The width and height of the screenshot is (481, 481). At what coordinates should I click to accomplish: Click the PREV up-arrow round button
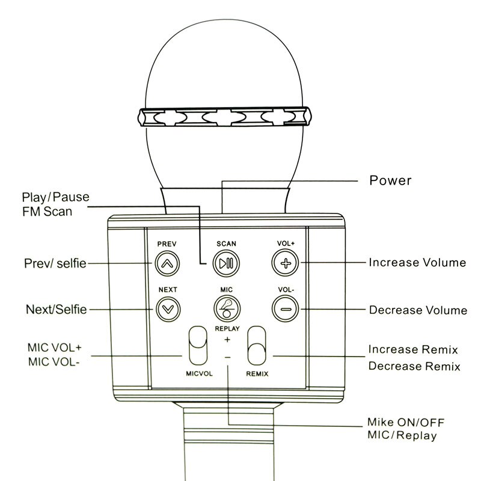coord(167,263)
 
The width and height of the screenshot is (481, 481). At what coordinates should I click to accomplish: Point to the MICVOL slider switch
coord(196,346)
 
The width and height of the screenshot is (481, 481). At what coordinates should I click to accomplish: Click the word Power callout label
coord(390,180)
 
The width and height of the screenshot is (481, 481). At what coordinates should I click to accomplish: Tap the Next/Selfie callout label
coord(56,310)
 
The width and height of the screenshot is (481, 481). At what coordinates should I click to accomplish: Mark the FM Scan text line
coord(47,211)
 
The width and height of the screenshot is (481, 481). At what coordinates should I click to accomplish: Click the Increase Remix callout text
coord(413,349)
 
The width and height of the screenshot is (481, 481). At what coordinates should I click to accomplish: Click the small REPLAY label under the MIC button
coord(227,329)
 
